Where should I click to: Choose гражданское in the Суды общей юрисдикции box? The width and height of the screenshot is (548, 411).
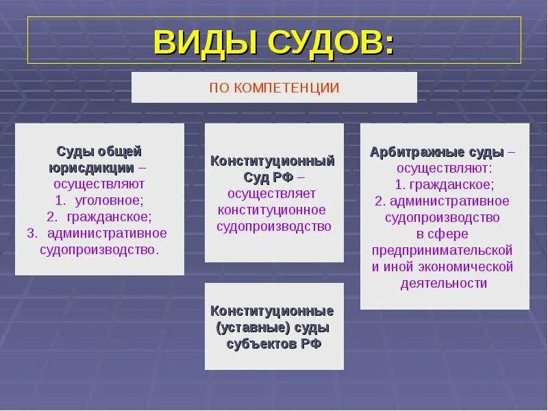pos(109,216)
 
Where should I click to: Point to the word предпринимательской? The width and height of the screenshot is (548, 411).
pos(443,250)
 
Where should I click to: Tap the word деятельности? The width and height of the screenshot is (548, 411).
pos(445,283)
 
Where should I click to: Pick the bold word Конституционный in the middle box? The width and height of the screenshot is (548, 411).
pos(273,161)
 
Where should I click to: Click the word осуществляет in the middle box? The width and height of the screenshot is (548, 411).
pos(272,194)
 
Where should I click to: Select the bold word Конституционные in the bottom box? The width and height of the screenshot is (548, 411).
pos(273,310)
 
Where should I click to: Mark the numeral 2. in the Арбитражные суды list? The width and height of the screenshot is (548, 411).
pos(380,201)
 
